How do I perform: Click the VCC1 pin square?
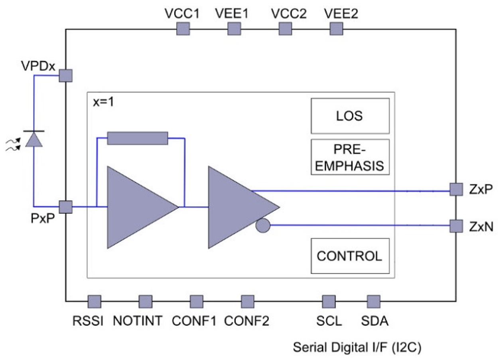coord(183,29)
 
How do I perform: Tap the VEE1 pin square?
coord(234,29)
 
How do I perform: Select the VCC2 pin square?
coord(285,29)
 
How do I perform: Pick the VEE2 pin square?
coord(336,29)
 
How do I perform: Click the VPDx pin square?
coord(65,75)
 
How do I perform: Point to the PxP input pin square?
coord(65,207)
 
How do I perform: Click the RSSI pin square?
coord(94,302)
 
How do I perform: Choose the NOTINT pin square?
coord(145,302)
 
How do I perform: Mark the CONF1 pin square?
coord(196,302)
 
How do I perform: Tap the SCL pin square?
coord(328,302)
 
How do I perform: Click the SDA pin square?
coord(373,302)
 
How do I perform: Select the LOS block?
coord(350,116)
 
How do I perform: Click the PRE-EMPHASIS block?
coord(350,157)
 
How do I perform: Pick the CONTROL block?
coord(350,256)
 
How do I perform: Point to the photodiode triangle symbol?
coord(34,140)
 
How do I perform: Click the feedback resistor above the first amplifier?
coord(138,138)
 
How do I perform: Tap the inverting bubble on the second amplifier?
coord(262,225)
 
